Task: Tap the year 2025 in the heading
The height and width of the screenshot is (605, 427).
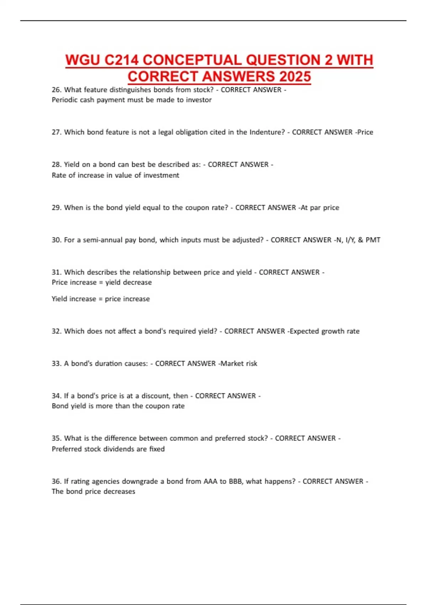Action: tap(295, 77)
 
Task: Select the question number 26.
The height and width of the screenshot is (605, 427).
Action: tap(56, 90)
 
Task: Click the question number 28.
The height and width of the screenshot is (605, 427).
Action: tap(56, 164)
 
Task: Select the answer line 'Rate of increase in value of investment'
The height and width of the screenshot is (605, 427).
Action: tap(115, 175)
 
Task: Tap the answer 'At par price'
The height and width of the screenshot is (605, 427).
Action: tap(320, 207)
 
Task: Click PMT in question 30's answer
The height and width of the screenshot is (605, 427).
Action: tap(373, 240)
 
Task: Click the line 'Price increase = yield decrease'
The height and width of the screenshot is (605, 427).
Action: tap(102, 282)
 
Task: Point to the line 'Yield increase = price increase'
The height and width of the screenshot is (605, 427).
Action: tap(101, 299)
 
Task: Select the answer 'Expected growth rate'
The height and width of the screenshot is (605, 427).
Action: tap(325, 331)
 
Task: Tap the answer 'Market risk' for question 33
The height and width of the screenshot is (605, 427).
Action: tap(239, 363)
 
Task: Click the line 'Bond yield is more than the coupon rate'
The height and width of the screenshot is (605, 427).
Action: tap(118, 406)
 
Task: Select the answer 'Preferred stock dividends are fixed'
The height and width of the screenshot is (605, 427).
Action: tap(108, 449)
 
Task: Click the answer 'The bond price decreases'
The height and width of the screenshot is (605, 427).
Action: tap(93, 491)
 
